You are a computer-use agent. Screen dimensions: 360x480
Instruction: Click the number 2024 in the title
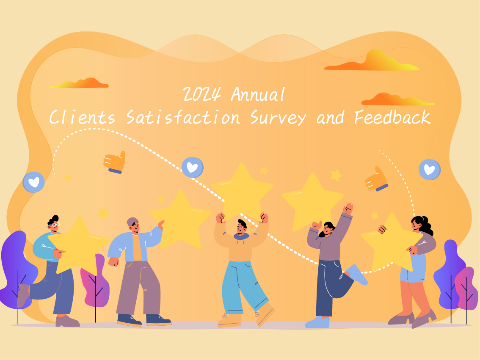click(x=202, y=94)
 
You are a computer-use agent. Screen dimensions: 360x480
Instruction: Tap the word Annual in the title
click(x=257, y=94)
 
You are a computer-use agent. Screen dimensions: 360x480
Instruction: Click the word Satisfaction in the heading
click(x=183, y=117)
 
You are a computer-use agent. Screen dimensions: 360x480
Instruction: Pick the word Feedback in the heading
click(x=392, y=117)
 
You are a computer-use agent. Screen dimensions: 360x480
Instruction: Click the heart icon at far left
click(x=33, y=182)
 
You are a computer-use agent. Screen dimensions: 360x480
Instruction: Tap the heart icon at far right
click(x=430, y=170)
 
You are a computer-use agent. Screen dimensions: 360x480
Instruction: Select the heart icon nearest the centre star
click(x=193, y=168)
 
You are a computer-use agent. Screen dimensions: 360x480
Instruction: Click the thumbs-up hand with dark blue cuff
click(x=115, y=162)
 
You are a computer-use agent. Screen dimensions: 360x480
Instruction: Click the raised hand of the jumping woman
click(x=348, y=209)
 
